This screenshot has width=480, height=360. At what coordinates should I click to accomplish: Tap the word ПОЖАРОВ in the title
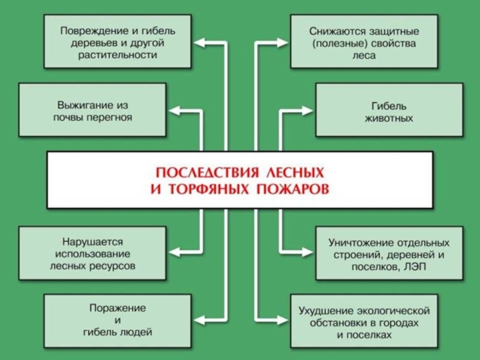click(x=293, y=189)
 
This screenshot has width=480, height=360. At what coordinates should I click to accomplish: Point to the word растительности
click(x=118, y=55)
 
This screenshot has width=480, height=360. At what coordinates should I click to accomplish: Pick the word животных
click(x=389, y=118)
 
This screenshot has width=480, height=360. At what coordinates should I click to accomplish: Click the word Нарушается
click(x=91, y=241)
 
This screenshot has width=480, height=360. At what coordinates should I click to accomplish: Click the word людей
click(x=136, y=331)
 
